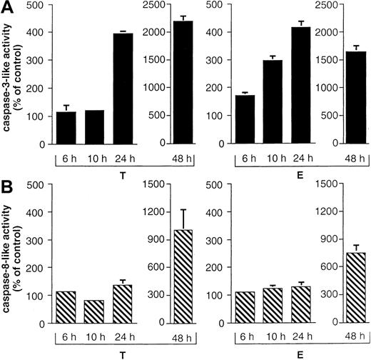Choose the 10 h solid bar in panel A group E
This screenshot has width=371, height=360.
[274, 102]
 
